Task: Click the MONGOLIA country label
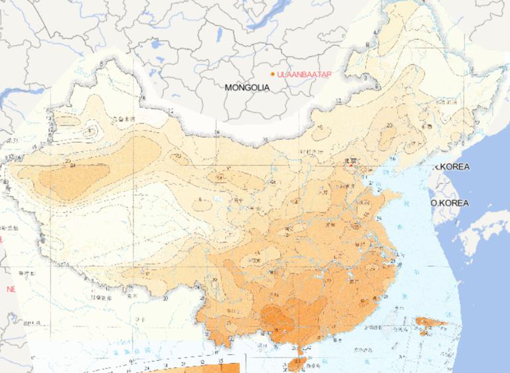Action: (247, 87)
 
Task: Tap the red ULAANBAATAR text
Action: (304, 74)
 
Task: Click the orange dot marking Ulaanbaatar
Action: (272, 74)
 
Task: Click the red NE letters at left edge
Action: (10, 289)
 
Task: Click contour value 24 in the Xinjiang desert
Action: (72, 167)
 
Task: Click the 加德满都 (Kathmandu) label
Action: (28, 273)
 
